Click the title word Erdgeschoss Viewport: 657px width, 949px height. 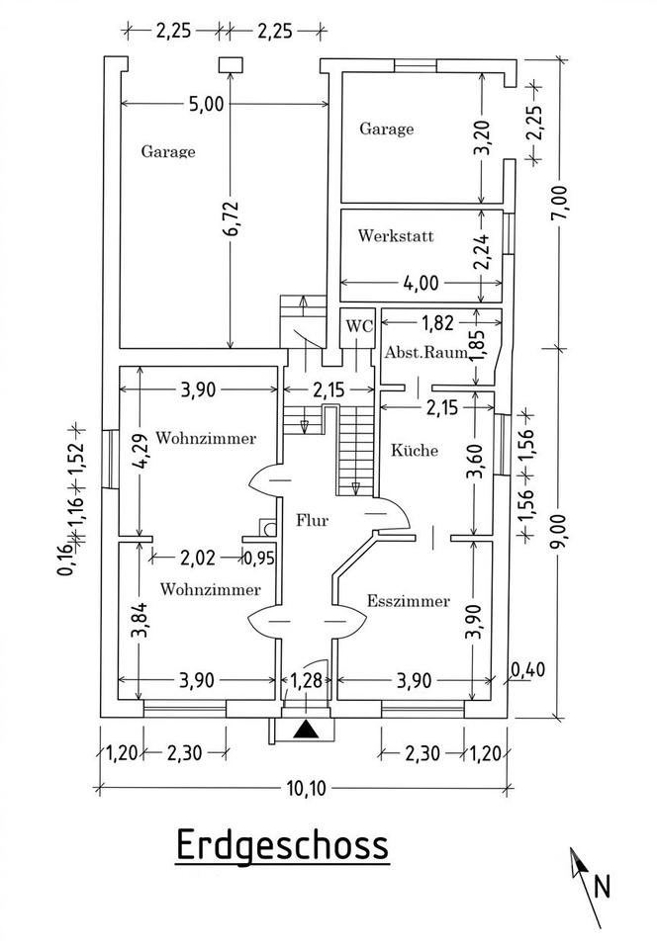282,844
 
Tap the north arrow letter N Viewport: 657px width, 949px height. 602,888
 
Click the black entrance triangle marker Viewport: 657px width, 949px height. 307,730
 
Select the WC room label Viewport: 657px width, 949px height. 359,325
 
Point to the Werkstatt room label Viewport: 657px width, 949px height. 396,235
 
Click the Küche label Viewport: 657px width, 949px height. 415,451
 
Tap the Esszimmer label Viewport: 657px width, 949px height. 408,601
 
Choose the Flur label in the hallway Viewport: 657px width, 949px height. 312,519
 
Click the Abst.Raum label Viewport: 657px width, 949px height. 425,352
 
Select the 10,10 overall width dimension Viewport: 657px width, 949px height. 307,789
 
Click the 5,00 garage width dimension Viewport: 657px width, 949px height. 206,104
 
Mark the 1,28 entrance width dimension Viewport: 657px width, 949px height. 308,680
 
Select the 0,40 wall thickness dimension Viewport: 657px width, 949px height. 528,669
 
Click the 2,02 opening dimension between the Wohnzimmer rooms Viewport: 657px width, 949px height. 198,557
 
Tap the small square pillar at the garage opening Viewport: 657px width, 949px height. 231,65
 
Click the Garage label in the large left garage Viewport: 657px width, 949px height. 168,151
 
